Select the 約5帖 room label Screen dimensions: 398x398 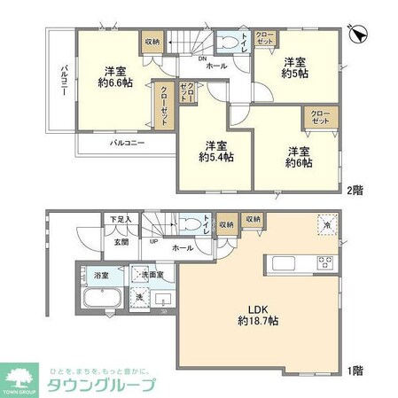[295, 68]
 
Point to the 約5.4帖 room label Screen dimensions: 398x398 [215, 152]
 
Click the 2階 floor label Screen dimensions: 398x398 [354, 190]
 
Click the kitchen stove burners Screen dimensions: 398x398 [324, 261]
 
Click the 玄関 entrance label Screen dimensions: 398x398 [121, 239]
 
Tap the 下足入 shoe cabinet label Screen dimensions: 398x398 [120, 219]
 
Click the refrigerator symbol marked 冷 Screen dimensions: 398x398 [326, 226]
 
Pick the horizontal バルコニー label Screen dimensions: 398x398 [128, 141]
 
